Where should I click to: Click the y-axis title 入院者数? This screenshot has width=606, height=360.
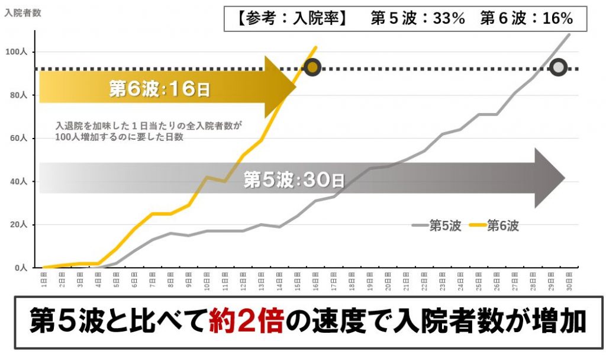click(x=22, y=13)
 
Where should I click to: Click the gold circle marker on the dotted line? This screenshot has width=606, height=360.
click(x=312, y=67)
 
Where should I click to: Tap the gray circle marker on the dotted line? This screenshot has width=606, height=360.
click(x=559, y=67)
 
